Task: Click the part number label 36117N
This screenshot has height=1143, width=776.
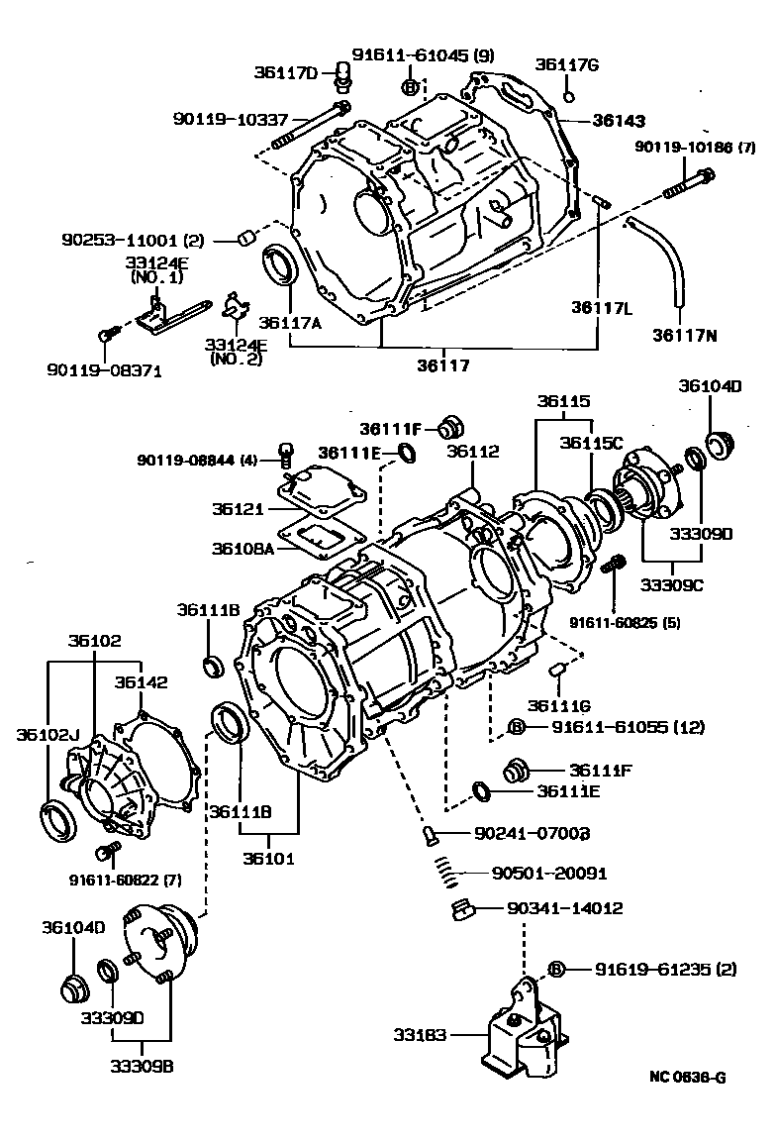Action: pyautogui.click(x=684, y=335)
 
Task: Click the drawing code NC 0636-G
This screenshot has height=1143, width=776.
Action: pyautogui.click(x=687, y=1078)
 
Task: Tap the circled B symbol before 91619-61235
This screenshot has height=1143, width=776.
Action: pyautogui.click(x=556, y=969)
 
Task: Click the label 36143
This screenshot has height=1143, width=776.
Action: pyautogui.click(x=619, y=121)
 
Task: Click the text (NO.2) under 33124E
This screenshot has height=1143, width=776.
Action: pyautogui.click(x=236, y=359)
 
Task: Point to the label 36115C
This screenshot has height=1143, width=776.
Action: pyautogui.click(x=591, y=443)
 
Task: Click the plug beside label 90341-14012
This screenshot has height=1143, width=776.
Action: pyautogui.click(x=461, y=909)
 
